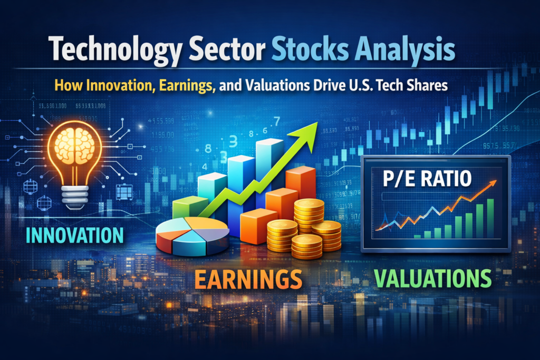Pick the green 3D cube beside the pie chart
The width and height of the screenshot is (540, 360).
coord(190,207)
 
